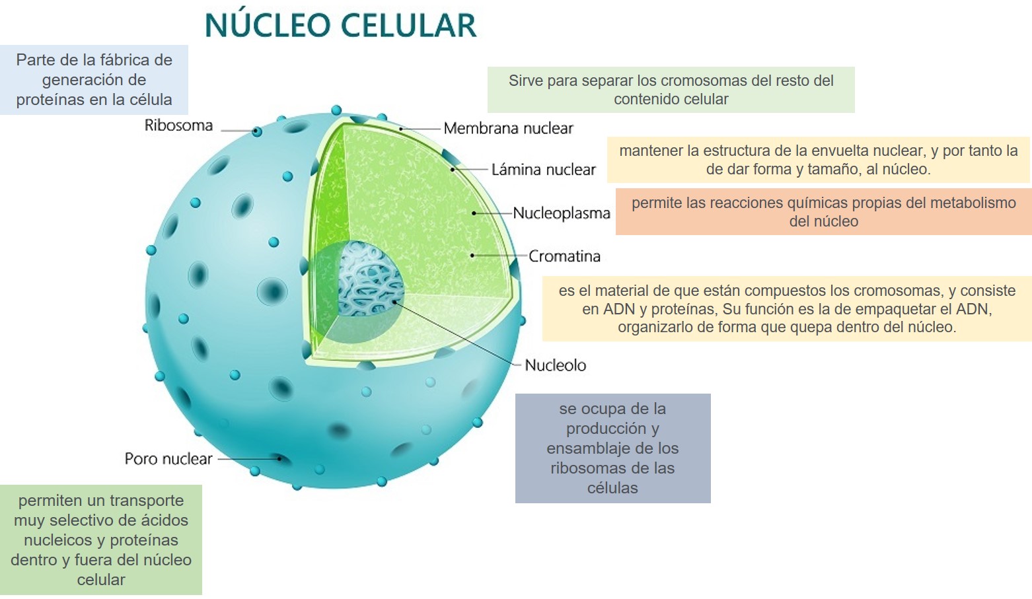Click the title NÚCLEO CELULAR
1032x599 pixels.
pyautogui.click(x=340, y=26)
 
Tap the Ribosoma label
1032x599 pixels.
pyautogui.click(x=178, y=125)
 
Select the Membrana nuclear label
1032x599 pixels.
pyautogui.click(x=508, y=128)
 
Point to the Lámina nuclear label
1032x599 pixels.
pyautogui.click(x=543, y=170)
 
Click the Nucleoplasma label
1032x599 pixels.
pyautogui.click(x=562, y=213)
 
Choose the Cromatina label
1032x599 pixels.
pyautogui.click(x=564, y=256)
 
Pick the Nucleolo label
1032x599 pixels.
pyautogui.click(x=555, y=365)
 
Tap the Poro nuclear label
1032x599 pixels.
pyautogui.click(x=168, y=459)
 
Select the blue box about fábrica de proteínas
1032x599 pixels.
pyautogui.click(x=94, y=80)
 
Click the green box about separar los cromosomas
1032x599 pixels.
pyautogui.click(x=671, y=90)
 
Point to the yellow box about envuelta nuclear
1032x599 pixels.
pyautogui.click(x=818, y=160)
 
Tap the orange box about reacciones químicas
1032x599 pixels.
pyautogui.click(x=823, y=212)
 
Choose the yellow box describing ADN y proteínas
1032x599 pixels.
pyautogui.click(x=786, y=308)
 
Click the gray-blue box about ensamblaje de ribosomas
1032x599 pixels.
pyautogui.click(x=612, y=448)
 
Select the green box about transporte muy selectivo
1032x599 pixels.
pyautogui.click(x=100, y=540)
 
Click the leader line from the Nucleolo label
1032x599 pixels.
pyautogui.click(x=456, y=332)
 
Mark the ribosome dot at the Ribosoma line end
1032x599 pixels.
pyautogui.click(x=257, y=131)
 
